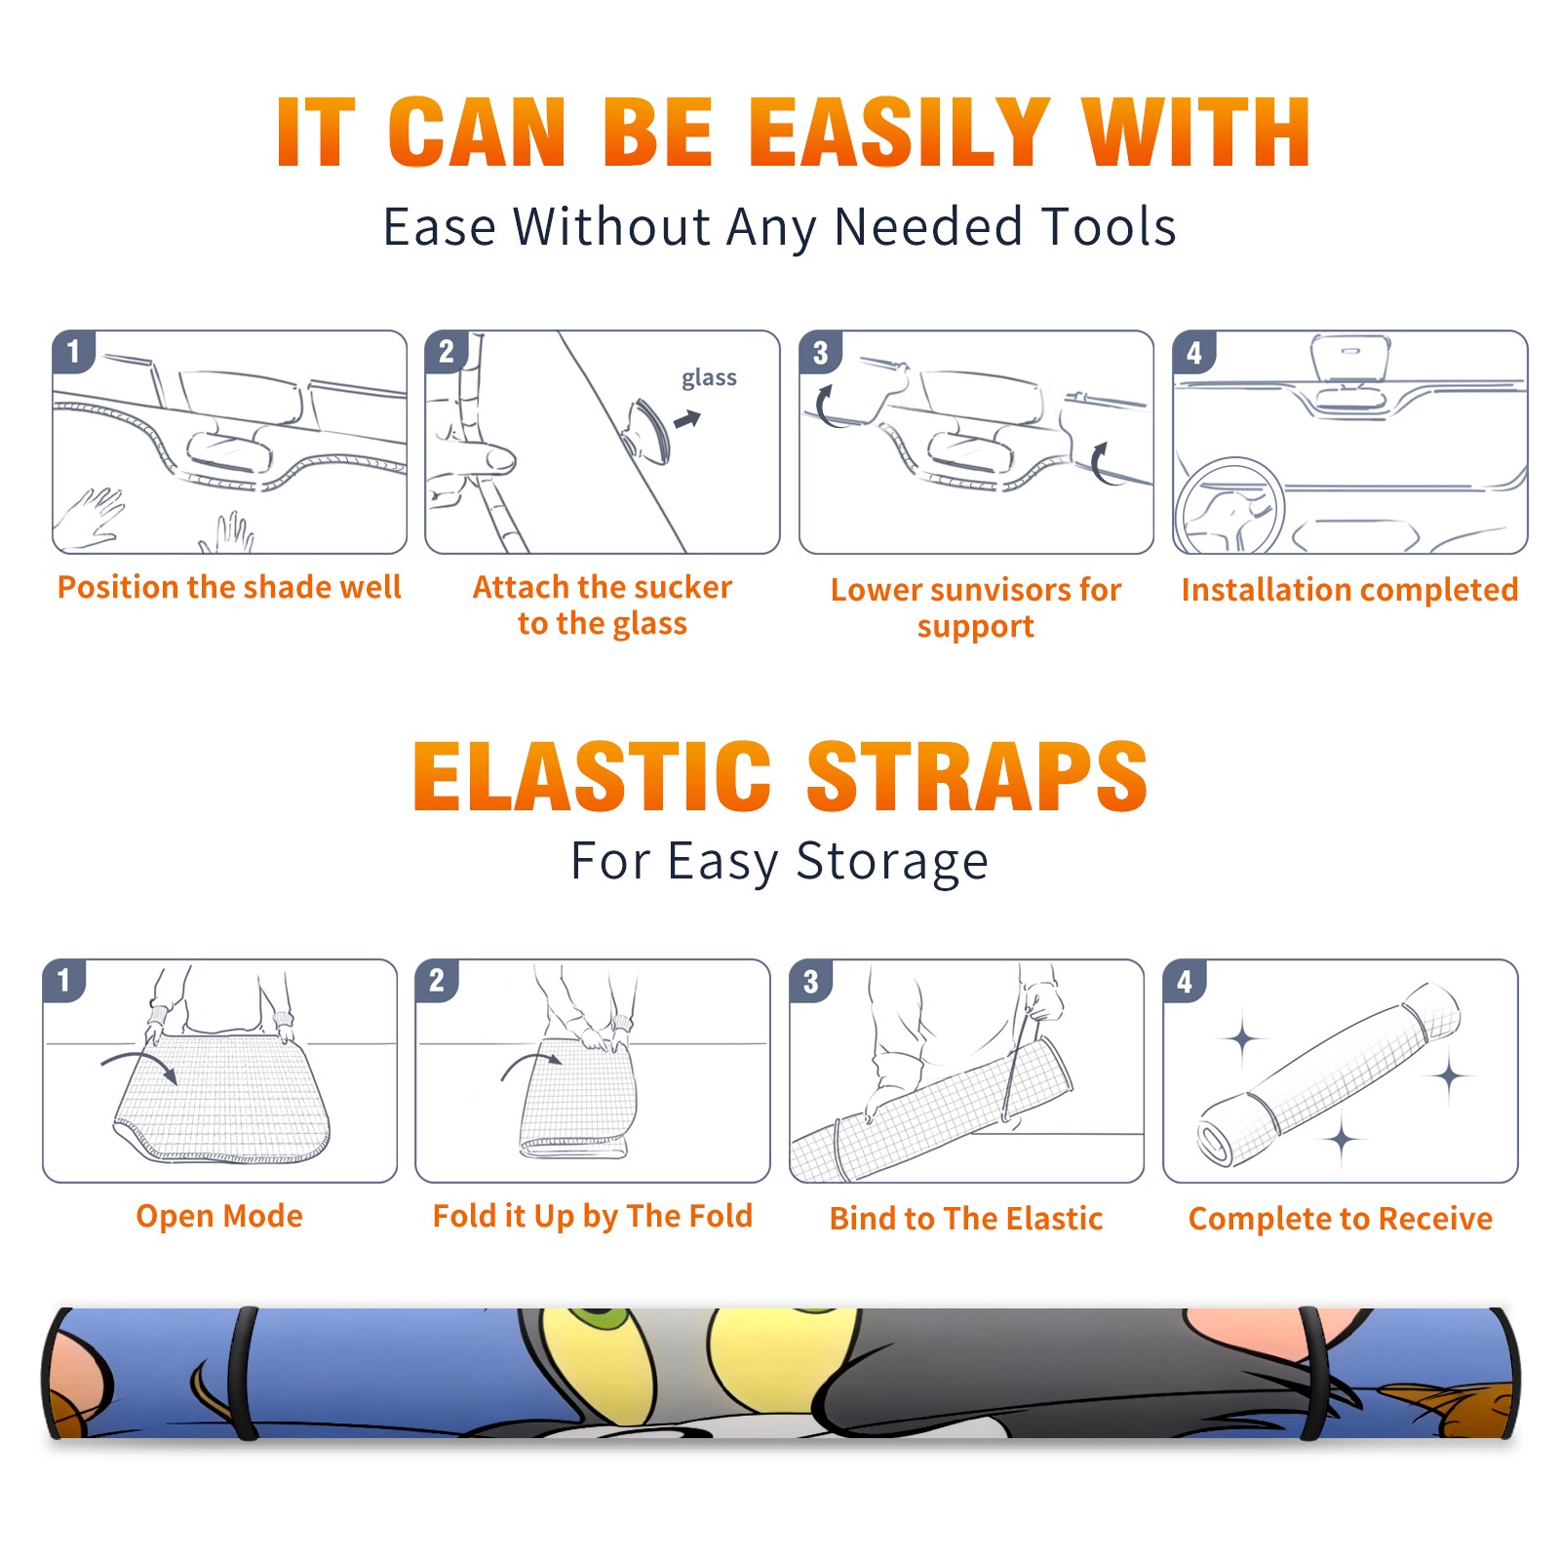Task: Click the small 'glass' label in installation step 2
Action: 709,378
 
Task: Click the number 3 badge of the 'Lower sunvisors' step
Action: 820,353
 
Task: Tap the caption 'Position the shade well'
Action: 229,587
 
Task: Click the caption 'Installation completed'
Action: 1349,590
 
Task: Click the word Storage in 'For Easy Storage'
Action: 892,862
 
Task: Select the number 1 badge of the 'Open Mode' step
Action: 64,980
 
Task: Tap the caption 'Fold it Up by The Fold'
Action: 593,1216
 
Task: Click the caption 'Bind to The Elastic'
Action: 966,1219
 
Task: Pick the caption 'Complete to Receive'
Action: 1341,1219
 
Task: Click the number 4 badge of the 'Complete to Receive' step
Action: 1185,981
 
